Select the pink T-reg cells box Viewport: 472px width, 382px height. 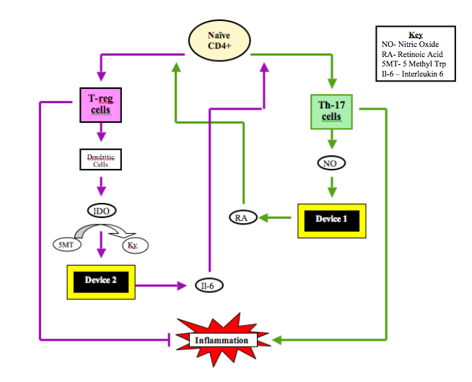coord(100,103)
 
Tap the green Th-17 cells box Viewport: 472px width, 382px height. coord(331,111)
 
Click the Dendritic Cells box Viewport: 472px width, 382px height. coord(100,159)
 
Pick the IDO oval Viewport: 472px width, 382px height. coord(100,211)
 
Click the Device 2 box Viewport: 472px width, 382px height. coord(100,280)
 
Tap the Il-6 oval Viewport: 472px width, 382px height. coord(207,286)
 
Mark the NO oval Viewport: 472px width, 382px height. coord(331,163)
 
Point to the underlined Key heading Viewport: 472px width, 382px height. coord(415,35)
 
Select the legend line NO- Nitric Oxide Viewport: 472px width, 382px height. coord(408,44)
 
